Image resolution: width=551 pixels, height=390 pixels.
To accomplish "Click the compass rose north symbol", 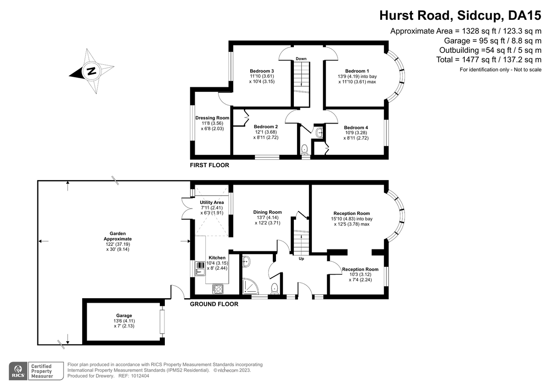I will pos(92,71).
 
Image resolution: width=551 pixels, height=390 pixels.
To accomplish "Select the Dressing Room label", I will pos(212,118).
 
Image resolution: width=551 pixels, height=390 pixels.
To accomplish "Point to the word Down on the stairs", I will pos(301,59).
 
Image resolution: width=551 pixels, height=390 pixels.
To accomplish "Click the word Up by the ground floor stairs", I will pos(301,259).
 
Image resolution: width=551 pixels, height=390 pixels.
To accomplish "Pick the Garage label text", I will pos(124,316).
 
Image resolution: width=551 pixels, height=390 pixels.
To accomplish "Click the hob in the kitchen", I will pos(217,289).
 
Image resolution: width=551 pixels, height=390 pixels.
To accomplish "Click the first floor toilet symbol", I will pos(304,149).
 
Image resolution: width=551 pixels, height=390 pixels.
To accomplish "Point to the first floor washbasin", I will pos(320,133).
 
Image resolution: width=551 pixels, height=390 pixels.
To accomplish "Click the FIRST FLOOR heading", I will pos(209,165).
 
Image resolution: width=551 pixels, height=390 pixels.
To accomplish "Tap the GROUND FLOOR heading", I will pos(214,304).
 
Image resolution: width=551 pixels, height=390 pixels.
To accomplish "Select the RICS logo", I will pos(18,371).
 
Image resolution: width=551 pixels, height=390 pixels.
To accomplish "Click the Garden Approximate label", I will pos(118,236).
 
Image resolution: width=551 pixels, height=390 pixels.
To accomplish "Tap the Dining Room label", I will pos(267,212).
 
